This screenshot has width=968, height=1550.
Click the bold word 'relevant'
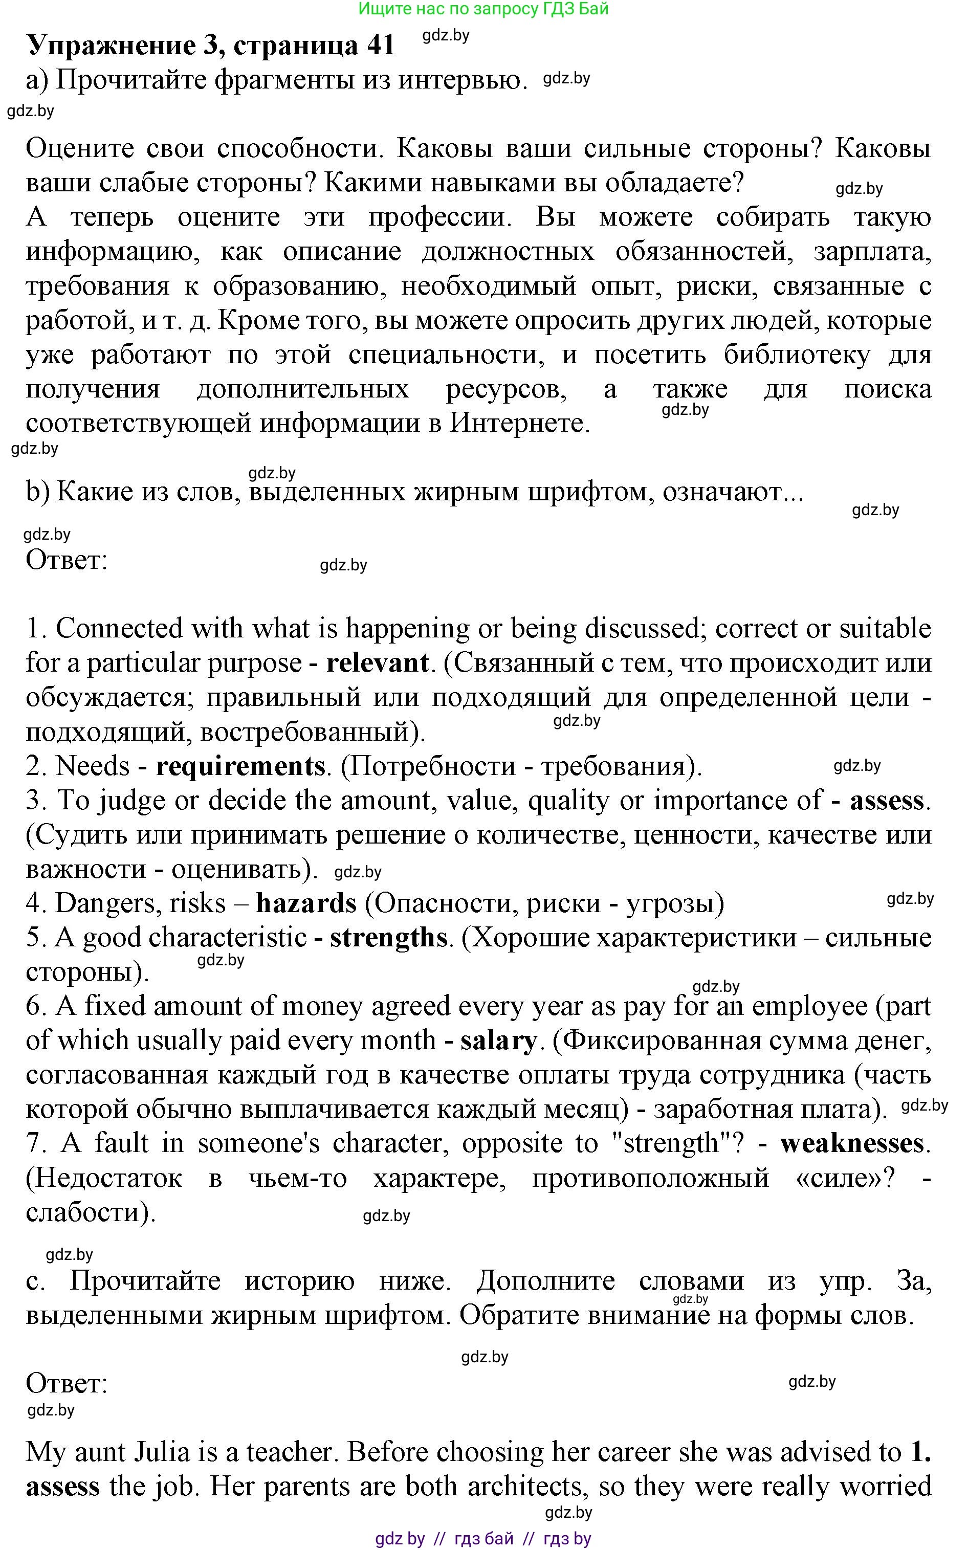click(377, 663)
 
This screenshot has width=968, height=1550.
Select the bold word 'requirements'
click(240, 766)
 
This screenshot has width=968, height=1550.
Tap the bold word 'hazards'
click(306, 903)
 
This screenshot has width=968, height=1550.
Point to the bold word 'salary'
click(498, 1040)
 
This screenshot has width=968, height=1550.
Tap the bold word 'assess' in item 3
click(886, 801)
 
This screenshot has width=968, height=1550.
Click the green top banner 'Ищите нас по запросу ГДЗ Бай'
click(483, 9)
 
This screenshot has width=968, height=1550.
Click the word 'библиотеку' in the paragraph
click(797, 355)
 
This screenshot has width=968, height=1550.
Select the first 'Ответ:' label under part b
click(66, 560)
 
